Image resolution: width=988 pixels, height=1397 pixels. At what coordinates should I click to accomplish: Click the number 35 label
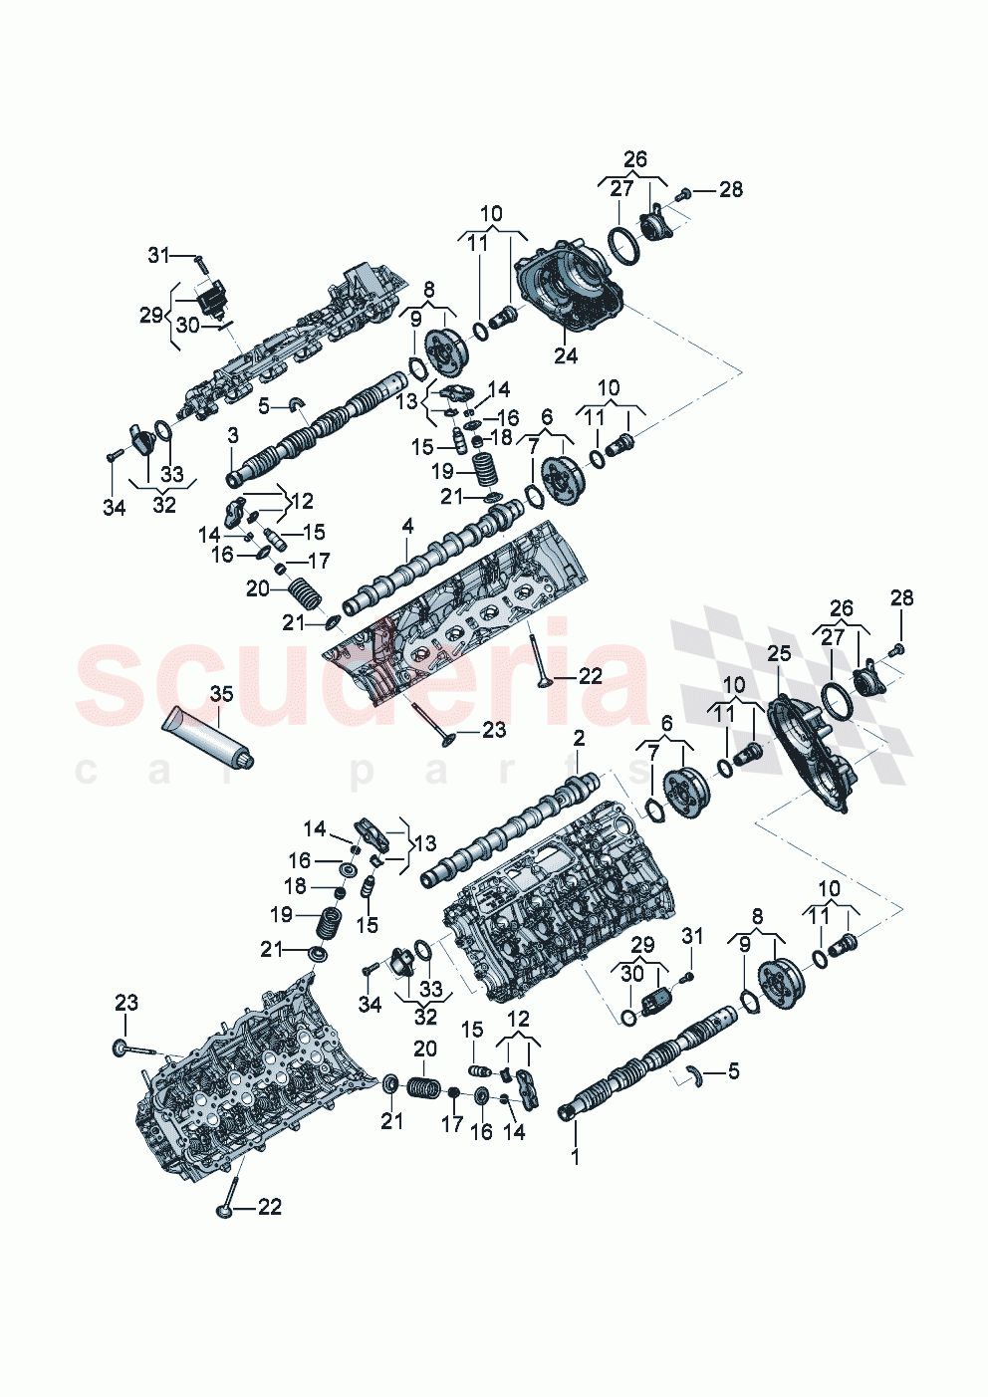pos(221,693)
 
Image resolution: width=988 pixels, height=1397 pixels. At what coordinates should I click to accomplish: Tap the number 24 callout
pos(566,355)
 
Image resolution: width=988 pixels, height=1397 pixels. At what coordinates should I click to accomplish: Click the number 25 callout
pos(779,653)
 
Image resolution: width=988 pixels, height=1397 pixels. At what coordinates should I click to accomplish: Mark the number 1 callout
pos(574,1156)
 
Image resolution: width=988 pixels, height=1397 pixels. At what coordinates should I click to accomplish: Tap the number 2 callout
pos(579,738)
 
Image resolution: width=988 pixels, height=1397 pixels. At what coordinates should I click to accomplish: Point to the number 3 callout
pos(233,435)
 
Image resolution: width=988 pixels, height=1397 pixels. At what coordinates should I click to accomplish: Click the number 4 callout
pos(407,525)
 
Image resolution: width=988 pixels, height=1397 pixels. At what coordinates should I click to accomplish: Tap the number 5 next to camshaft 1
pos(734,1071)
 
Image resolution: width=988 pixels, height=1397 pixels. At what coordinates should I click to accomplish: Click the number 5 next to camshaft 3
pos(264,405)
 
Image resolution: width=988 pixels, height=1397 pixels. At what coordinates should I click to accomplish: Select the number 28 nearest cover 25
pos(901,597)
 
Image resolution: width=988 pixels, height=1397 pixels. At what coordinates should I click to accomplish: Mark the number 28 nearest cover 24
pos(731,189)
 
